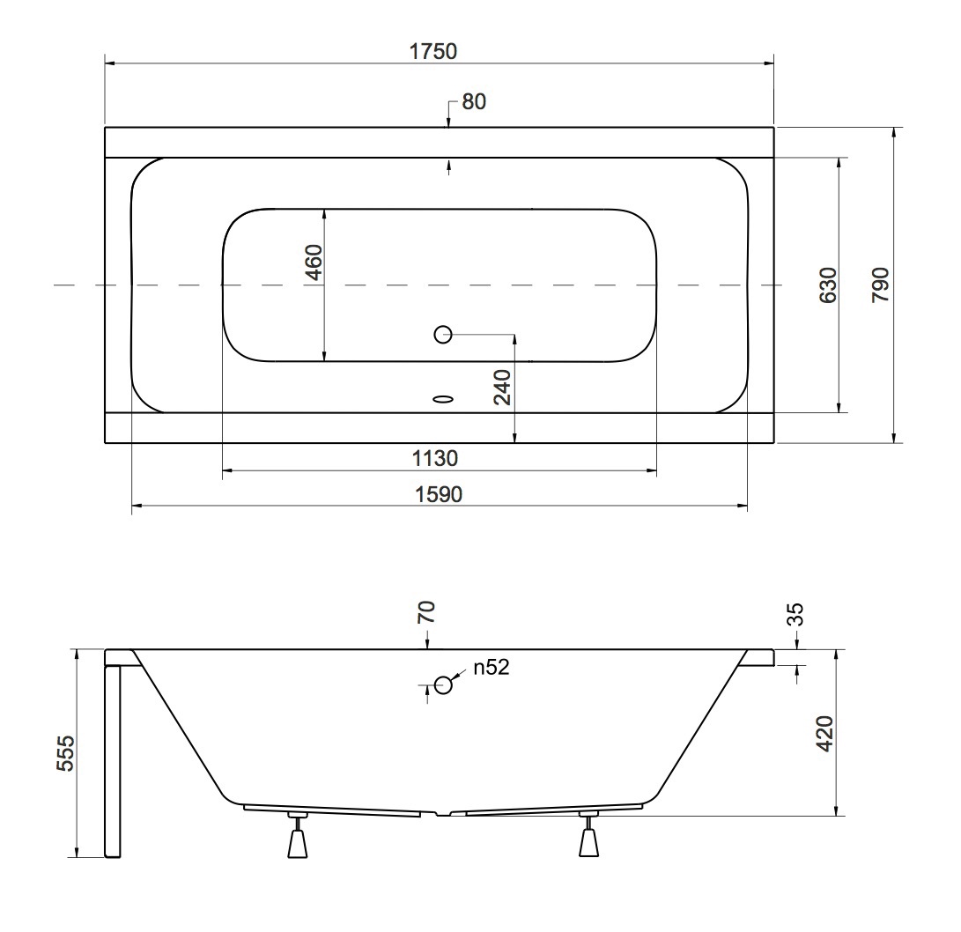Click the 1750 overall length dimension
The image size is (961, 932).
coord(432,51)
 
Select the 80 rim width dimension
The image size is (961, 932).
coord(473,102)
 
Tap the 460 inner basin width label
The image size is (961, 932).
coord(314,262)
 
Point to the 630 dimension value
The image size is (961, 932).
coord(827,285)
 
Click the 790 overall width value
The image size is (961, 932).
coord(880,285)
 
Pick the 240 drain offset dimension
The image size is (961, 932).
coord(501,388)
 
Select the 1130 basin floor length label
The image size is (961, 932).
coord(435,459)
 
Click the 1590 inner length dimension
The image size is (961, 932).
coord(438,495)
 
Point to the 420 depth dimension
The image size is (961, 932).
coord(824,733)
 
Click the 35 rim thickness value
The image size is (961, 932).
coord(795,614)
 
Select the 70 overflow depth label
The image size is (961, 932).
coord(427,612)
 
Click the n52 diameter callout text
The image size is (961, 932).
coord(492,668)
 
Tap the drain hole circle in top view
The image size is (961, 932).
coord(443,334)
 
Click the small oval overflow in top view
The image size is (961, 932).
coord(443,398)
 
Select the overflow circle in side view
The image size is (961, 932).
coord(443,684)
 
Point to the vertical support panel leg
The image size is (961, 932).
coord(112,758)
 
